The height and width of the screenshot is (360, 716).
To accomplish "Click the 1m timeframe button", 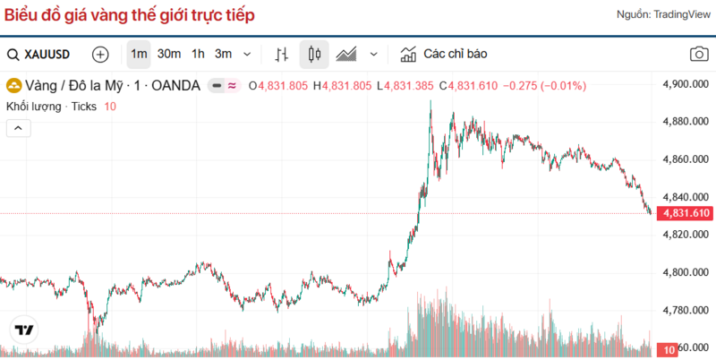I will pyautogui.click(x=139, y=54).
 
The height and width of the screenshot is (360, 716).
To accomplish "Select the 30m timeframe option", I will pyautogui.click(x=169, y=54).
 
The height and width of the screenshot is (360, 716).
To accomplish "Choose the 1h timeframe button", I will pyautogui.click(x=198, y=54).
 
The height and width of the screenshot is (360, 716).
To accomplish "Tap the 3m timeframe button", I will pyautogui.click(x=223, y=54).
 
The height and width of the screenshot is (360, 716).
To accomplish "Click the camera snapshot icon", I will pyautogui.click(x=699, y=55).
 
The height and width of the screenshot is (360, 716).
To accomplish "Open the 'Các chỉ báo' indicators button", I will pyautogui.click(x=444, y=54).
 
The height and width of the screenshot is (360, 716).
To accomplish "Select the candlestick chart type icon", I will pyautogui.click(x=314, y=55).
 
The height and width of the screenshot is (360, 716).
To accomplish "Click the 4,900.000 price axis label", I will pyautogui.click(x=685, y=84).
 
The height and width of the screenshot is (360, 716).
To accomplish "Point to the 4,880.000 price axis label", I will pyautogui.click(x=685, y=122).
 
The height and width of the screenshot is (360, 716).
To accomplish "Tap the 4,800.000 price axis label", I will pyautogui.click(x=685, y=272).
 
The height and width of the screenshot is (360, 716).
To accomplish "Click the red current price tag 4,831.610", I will pyautogui.click(x=685, y=213).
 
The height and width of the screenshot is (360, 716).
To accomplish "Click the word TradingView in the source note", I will pyautogui.click(x=681, y=15).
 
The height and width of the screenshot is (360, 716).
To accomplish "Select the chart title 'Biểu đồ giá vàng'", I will pyautogui.click(x=129, y=15).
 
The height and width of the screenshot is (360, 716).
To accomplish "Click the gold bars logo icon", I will pyautogui.click(x=15, y=86).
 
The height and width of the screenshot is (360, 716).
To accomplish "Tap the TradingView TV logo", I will pyautogui.click(x=24, y=330).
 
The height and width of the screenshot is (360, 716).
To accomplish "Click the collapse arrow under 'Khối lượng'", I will pyautogui.click(x=18, y=128).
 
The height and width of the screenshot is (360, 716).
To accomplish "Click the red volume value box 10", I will pyautogui.click(x=668, y=349).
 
